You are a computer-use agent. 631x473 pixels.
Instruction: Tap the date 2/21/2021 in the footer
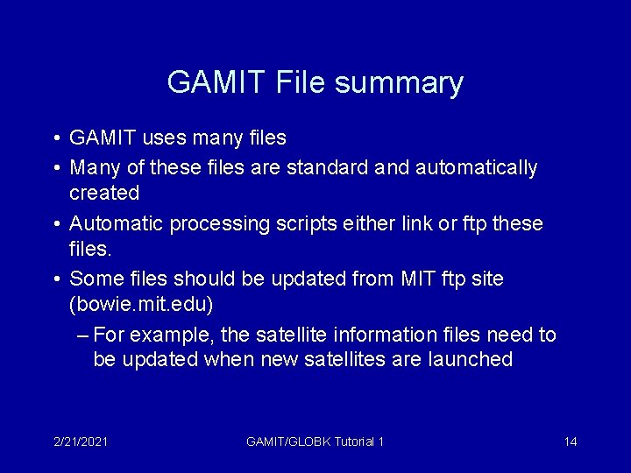[x=81, y=441]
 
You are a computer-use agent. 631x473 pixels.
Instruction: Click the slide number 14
[x=571, y=441]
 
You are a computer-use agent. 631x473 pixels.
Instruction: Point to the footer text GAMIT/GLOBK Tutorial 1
[x=315, y=441]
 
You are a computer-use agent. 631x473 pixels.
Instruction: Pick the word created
[x=104, y=190]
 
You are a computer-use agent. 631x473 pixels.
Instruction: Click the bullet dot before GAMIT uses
[x=56, y=138]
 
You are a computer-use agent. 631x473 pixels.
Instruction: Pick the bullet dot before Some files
[x=56, y=279]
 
